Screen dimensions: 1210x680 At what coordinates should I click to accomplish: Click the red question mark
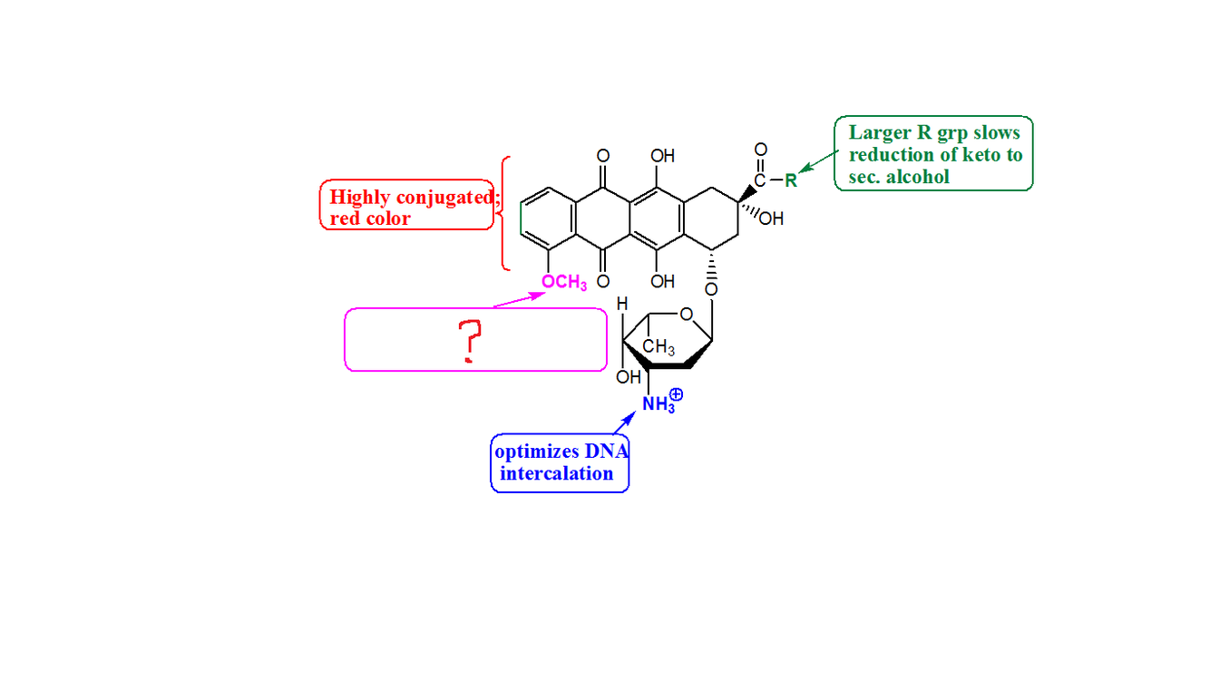(469, 341)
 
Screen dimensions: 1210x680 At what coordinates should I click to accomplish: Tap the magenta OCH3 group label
(563, 283)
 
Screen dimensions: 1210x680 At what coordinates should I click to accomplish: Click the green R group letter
(790, 180)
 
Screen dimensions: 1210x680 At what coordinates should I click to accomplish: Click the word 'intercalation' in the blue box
(556, 473)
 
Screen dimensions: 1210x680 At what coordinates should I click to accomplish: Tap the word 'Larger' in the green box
(877, 132)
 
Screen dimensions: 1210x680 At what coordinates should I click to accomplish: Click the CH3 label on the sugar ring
(658, 347)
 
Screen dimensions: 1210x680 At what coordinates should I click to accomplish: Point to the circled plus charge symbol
(676, 395)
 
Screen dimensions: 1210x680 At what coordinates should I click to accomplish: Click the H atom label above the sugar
(622, 305)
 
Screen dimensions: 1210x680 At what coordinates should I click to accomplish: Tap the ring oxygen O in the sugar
(686, 315)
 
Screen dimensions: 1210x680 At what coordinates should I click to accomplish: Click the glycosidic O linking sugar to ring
(710, 289)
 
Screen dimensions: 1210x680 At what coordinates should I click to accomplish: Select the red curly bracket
(504, 213)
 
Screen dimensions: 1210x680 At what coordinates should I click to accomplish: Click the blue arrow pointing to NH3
(624, 422)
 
